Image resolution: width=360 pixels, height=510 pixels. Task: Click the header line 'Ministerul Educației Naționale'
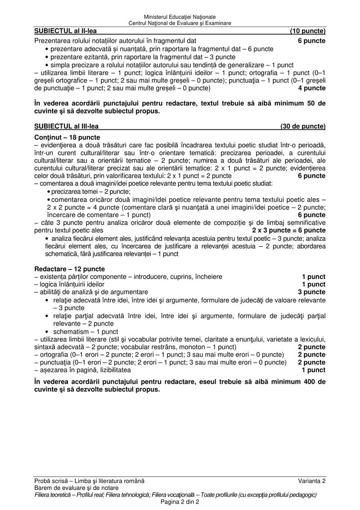[180, 17]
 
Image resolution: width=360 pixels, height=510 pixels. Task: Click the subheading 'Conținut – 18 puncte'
[67, 137]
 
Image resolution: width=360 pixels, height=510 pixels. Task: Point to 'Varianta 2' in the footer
[311, 482]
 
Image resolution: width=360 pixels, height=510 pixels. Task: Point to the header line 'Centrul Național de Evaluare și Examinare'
[180, 23]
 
